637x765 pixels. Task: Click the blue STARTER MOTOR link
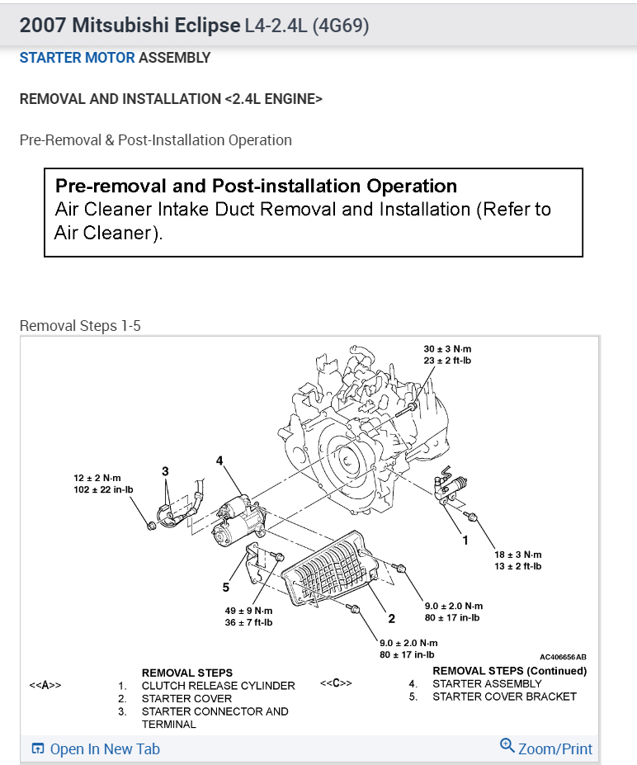pyautogui.click(x=77, y=58)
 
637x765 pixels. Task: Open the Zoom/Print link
pyautogui.click(x=547, y=748)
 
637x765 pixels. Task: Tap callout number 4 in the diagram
pyautogui.click(x=219, y=460)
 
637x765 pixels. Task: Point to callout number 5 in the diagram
pyautogui.click(x=225, y=588)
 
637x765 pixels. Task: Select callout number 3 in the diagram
pyautogui.click(x=165, y=470)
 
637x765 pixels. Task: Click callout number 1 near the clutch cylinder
pyautogui.click(x=465, y=541)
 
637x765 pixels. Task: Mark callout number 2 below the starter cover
pyautogui.click(x=392, y=618)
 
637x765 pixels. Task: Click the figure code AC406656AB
pyautogui.click(x=563, y=657)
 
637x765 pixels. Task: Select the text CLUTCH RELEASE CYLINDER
pyautogui.click(x=218, y=685)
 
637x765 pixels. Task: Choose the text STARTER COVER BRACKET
pyautogui.click(x=504, y=697)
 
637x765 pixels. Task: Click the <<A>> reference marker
pyautogui.click(x=45, y=685)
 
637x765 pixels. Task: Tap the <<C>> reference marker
pyautogui.click(x=336, y=683)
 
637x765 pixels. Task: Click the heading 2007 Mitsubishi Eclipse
pyautogui.click(x=129, y=25)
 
